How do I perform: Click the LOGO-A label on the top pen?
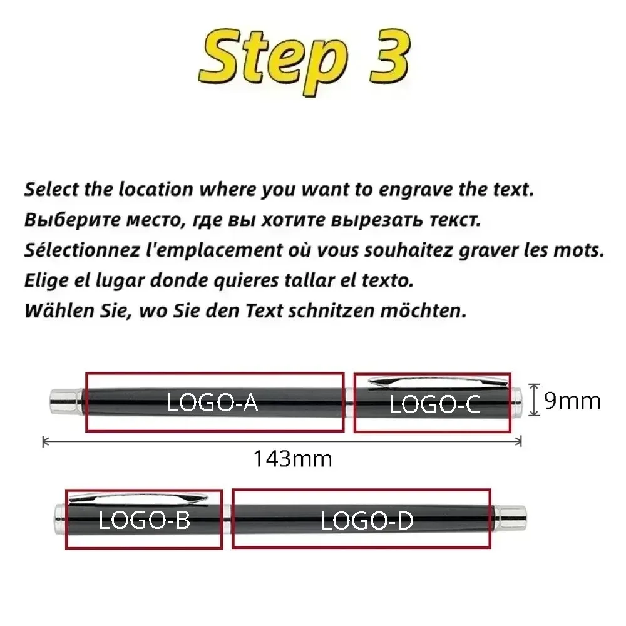213,403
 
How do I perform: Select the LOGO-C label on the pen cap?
434,405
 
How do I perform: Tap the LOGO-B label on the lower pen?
144,520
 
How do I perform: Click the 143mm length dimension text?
292,459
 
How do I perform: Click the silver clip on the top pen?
432,380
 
